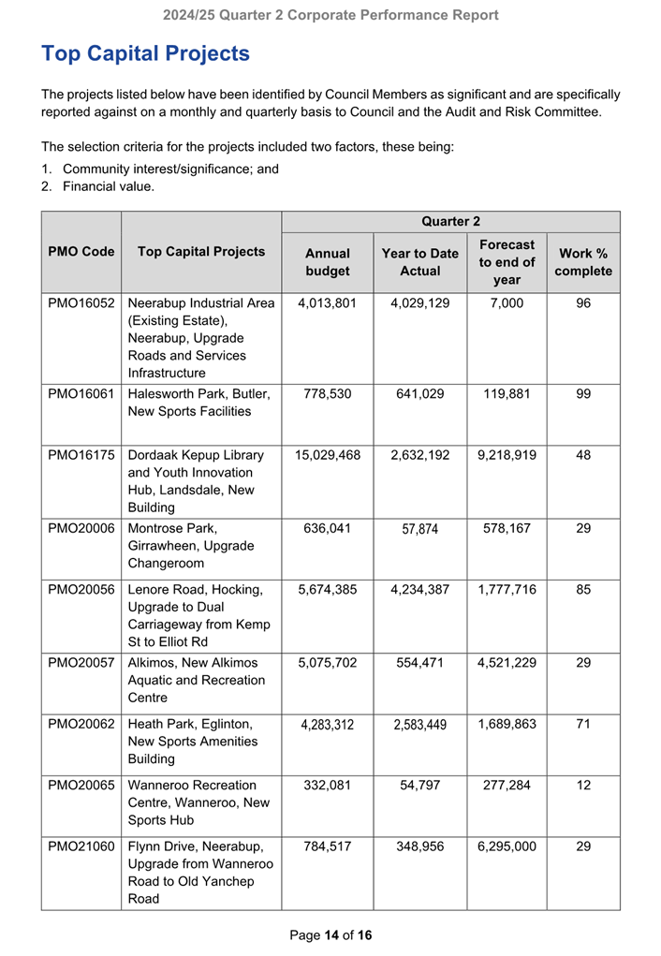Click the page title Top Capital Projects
(145, 53)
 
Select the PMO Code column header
(81, 252)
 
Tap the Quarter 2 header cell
(450, 222)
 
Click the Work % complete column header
(583, 262)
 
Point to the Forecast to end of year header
(507, 262)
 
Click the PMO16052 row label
(81, 303)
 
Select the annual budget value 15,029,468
(328, 455)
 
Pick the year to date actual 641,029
(419, 394)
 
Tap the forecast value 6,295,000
(507, 846)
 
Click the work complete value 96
(583, 303)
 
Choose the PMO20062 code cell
(81, 724)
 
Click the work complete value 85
(583, 590)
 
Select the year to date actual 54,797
(419, 785)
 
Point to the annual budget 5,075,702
(328, 663)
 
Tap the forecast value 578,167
(507, 528)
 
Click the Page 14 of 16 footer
(330, 934)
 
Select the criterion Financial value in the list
(108, 186)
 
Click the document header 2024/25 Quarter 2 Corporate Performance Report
(330, 15)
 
